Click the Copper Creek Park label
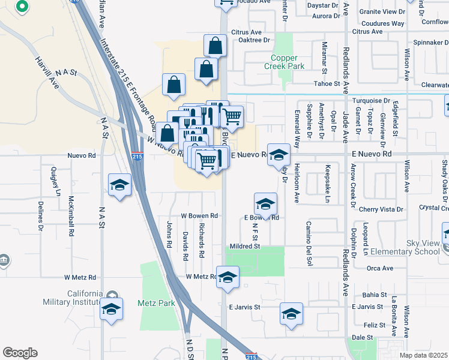click(x=285, y=62)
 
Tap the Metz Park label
click(x=156, y=303)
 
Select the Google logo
click(x=19, y=353)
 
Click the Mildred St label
click(x=244, y=246)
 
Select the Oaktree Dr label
click(x=255, y=40)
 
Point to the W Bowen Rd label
click(x=199, y=215)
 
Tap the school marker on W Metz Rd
click(x=228, y=278)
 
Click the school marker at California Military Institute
click(x=111, y=309)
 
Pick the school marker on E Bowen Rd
click(x=265, y=204)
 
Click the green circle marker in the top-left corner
click(x=22, y=7)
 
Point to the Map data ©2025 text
click(x=423, y=355)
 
